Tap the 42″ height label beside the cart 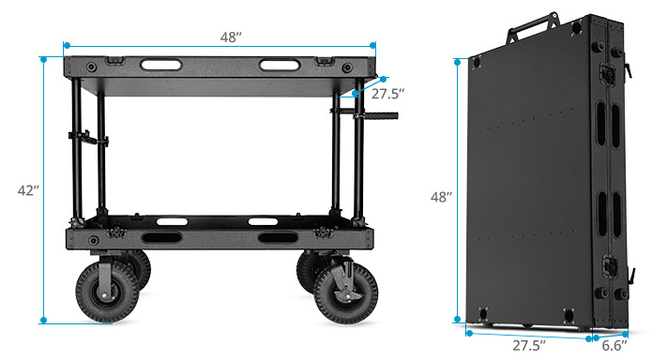tap(28, 190)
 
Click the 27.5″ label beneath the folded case tap(527, 344)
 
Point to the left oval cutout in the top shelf tap(161, 66)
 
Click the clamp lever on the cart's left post tap(84, 141)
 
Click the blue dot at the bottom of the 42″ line tap(43, 321)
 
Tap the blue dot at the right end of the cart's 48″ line tap(372, 44)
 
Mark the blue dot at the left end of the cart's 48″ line tap(65, 44)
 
